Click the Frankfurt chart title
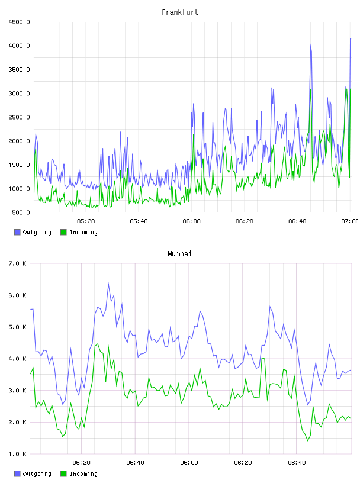[x=180, y=12]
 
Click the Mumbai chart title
[x=179, y=254]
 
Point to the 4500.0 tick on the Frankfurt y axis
[x=19, y=22]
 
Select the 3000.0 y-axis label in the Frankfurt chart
[x=19, y=94]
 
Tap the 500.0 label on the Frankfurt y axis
[x=21, y=212]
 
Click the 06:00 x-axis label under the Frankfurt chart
[x=191, y=221]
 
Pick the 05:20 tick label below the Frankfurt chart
[x=86, y=221]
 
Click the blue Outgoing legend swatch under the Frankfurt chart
[x=17, y=232]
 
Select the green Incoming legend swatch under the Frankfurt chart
[x=63, y=232]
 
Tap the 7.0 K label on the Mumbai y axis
[x=17, y=263]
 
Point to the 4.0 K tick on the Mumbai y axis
[x=17, y=359]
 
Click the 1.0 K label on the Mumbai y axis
[x=17, y=454]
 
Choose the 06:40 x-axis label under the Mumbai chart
[x=297, y=463]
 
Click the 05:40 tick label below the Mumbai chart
[x=136, y=463]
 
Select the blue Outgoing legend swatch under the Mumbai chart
[x=17, y=474]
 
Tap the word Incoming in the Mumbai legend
[x=83, y=474]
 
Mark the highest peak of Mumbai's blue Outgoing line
[x=108, y=284]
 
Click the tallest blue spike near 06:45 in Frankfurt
[x=311, y=46]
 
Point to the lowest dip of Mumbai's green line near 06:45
[x=308, y=441]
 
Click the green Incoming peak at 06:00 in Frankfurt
[x=194, y=135]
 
